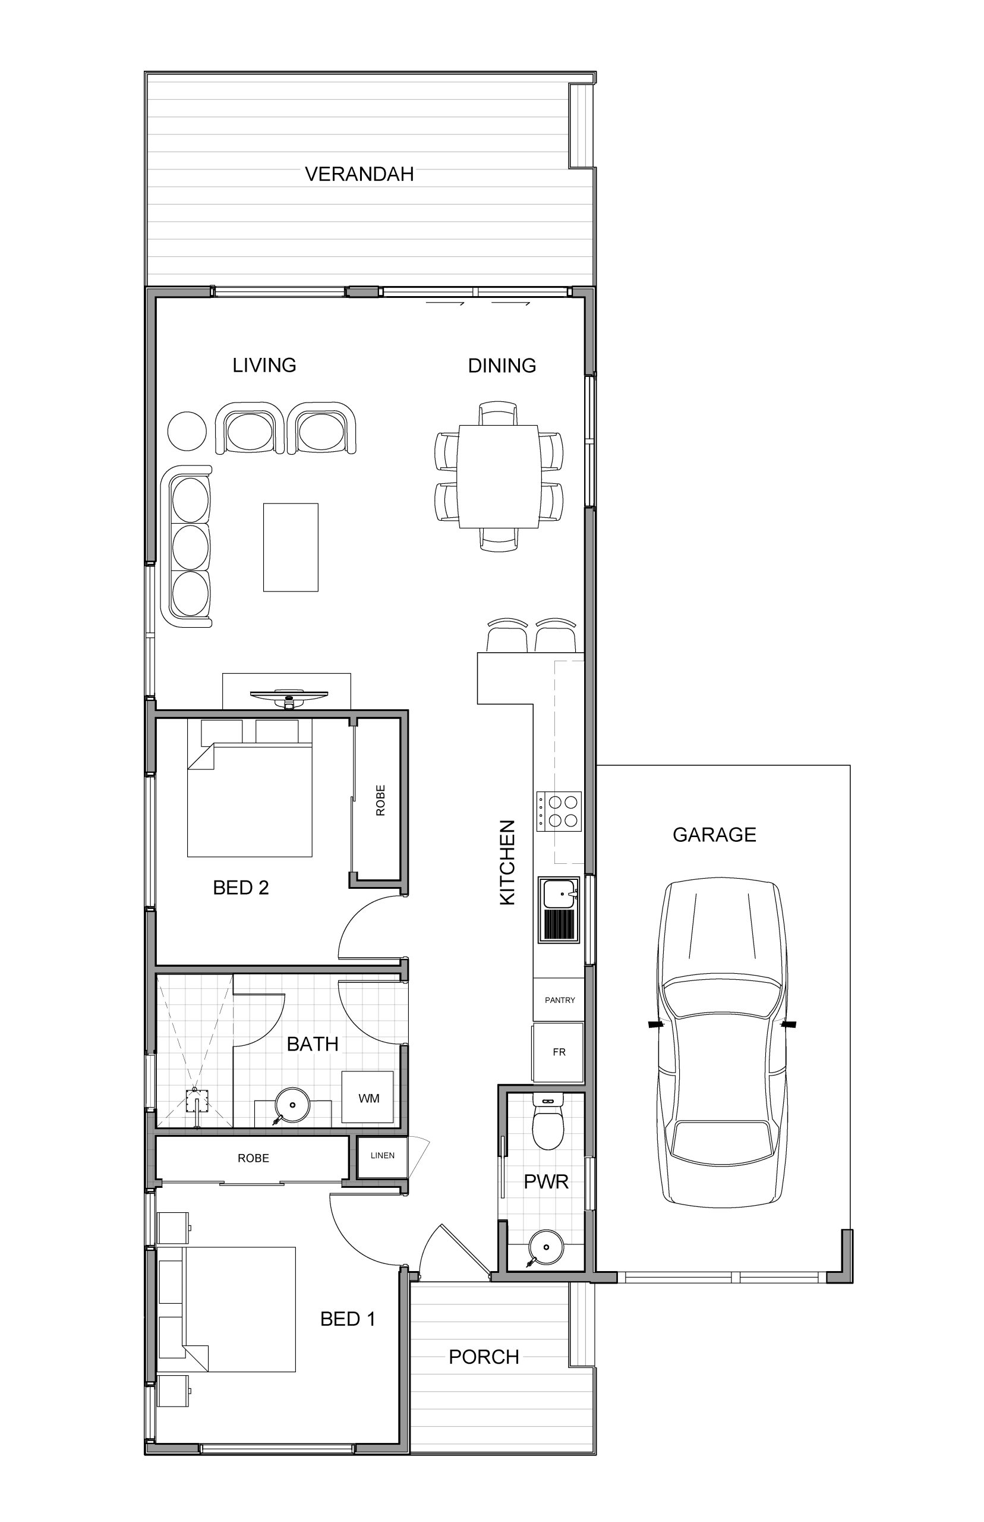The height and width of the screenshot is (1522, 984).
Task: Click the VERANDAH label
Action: tap(359, 174)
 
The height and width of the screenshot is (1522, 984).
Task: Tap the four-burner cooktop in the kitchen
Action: tap(559, 811)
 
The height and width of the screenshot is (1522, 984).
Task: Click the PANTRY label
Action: tap(560, 1001)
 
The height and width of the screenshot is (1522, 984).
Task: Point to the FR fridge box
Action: tap(559, 1052)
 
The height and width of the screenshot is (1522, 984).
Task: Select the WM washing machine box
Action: tap(368, 1098)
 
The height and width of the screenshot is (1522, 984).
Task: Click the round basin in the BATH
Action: tap(292, 1105)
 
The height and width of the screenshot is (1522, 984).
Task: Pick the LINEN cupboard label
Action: tap(382, 1155)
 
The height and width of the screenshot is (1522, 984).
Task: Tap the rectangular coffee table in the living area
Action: tap(291, 547)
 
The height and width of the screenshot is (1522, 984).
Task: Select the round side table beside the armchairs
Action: tap(187, 432)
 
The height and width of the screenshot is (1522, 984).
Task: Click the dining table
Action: tap(499, 476)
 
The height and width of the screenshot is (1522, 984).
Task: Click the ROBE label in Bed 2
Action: tap(381, 800)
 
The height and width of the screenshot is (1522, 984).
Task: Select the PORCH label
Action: tap(484, 1357)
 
